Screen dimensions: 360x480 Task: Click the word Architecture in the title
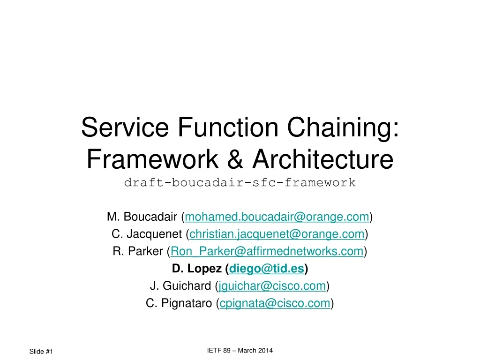(322, 160)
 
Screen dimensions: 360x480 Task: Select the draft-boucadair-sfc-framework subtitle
(240, 183)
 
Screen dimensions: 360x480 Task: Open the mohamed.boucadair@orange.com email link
(277, 217)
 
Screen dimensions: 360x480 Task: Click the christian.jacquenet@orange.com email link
(277, 234)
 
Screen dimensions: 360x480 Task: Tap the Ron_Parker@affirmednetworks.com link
(267, 251)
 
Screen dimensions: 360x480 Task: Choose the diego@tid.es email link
(267, 269)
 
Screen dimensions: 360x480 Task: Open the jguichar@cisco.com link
(272, 286)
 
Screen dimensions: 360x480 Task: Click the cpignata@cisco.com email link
(275, 303)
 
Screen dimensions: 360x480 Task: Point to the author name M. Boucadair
(142, 217)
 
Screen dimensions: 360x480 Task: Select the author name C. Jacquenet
(148, 234)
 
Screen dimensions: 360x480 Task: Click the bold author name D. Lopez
(196, 269)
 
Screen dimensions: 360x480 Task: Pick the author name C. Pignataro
(180, 303)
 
